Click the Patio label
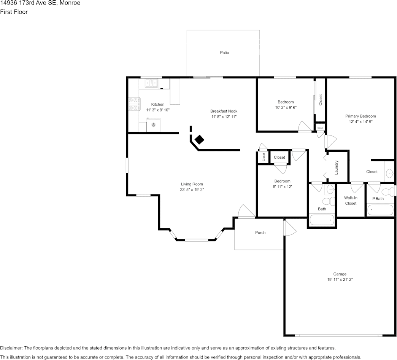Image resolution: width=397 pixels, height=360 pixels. pyautogui.click(x=224, y=53)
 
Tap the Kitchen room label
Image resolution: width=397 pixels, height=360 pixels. pyautogui.click(x=158, y=104)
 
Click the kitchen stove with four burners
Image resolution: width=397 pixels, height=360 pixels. pyautogui.click(x=133, y=104)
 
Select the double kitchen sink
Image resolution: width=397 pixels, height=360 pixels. pyautogui.click(x=151, y=83)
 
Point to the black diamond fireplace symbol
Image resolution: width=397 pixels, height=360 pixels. pyautogui.click(x=200, y=140)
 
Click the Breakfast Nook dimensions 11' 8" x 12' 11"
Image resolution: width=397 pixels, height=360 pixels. pyautogui.click(x=224, y=117)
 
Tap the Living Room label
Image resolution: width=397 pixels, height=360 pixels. pyautogui.click(x=192, y=184)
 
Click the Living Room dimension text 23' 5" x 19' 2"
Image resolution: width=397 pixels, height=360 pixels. pyautogui.click(x=192, y=190)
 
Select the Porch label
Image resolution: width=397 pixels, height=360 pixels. pyautogui.click(x=260, y=233)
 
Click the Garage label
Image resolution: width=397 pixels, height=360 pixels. pyautogui.click(x=340, y=274)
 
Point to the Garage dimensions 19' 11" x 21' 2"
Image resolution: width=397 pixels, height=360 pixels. pyautogui.click(x=340, y=280)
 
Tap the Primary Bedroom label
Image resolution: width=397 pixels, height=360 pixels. pyautogui.click(x=360, y=116)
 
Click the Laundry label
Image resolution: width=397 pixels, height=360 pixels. pyautogui.click(x=337, y=167)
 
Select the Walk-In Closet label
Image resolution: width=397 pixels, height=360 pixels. pyautogui.click(x=351, y=201)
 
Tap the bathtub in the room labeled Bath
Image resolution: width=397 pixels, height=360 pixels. pyautogui.click(x=322, y=220)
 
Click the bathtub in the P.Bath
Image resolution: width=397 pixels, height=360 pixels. pyautogui.click(x=380, y=210)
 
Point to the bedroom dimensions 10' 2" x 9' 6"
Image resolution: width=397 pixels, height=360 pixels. pyautogui.click(x=286, y=107)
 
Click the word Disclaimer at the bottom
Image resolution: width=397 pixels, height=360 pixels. pyautogui.click(x=11, y=348)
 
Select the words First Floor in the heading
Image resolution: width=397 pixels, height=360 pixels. pyautogui.click(x=14, y=12)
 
